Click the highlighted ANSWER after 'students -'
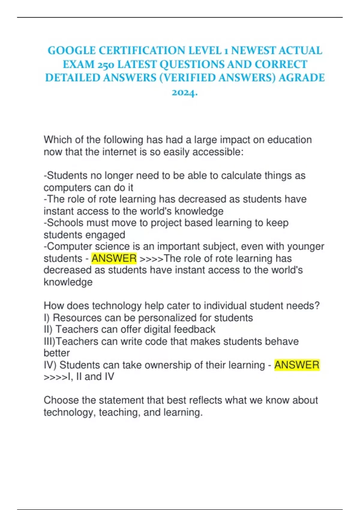tap(114, 258)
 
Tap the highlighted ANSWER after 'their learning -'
tap(297, 365)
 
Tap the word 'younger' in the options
tap(306, 247)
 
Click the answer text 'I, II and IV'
tap(91, 377)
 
